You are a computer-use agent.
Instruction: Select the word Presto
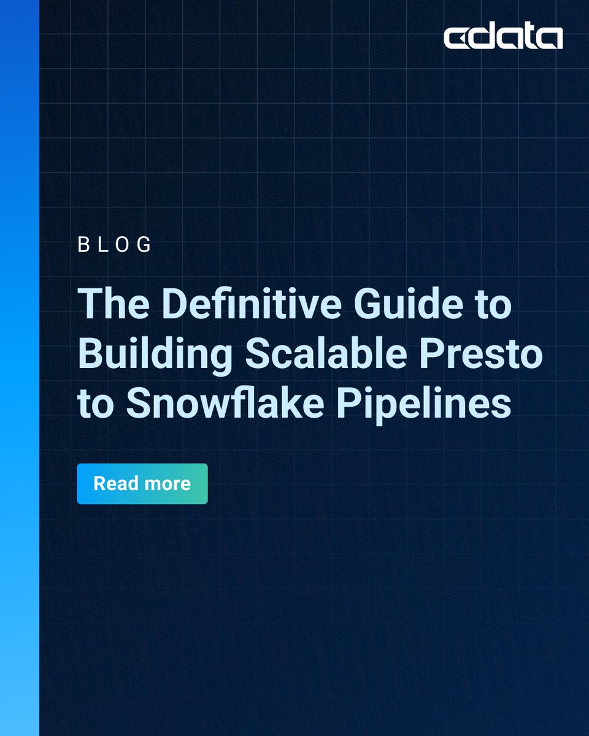pyautogui.click(x=491, y=355)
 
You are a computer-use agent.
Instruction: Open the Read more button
pyautogui.click(x=142, y=484)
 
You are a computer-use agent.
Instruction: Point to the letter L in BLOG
pyautogui.click(x=102, y=245)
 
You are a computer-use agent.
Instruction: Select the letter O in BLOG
pyautogui.click(x=123, y=245)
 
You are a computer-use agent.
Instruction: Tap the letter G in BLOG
pyautogui.click(x=145, y=245)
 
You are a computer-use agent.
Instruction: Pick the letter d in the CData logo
pyautogui.click(x=485, y=37)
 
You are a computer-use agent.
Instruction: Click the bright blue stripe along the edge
pyautogui.click(x=20, y=368)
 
